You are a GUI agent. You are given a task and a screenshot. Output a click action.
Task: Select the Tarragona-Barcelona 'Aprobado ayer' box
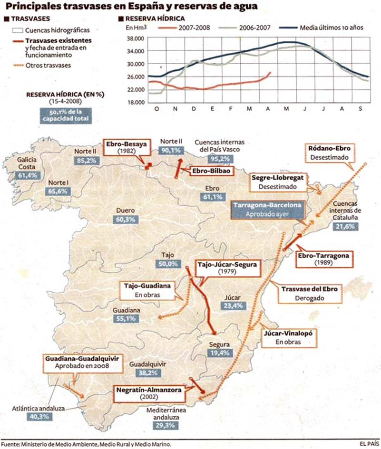click(266, 209)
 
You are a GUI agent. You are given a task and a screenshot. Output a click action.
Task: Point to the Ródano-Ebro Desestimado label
click(329, 152)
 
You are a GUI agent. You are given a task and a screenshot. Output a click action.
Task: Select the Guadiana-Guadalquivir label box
click(82, 362)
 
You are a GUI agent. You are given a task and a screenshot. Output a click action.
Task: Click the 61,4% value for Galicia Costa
click(27, 175)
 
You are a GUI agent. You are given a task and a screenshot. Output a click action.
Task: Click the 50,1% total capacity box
click(65, 115)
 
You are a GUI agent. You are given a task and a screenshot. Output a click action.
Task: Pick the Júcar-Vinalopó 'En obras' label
click(285, 337)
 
